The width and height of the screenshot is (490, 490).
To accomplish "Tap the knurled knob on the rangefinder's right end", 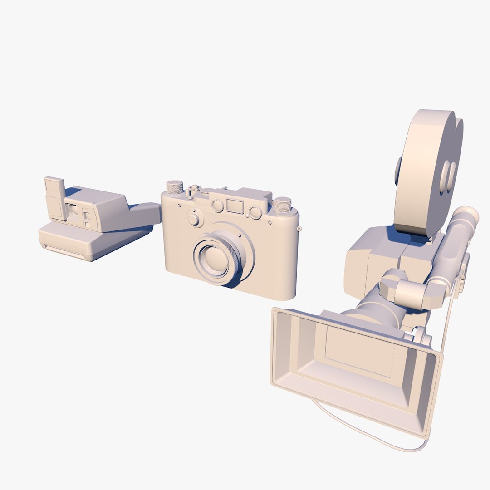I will (x=282, y=206).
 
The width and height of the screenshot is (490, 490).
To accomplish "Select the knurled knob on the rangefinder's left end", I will (x=174, y=187).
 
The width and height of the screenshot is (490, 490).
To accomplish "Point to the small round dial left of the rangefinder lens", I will (x=196, y=220).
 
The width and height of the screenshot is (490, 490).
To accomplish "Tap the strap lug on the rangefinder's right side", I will (x=299, y=228).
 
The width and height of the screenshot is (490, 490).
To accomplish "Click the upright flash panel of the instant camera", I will (x=55, y=198).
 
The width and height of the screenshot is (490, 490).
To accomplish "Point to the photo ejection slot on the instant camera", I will (x=64, y=252).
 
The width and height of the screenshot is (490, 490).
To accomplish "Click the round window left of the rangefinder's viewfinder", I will (x=218, y=206).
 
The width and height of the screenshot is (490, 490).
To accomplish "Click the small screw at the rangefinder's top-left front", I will (x=180, y=206).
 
